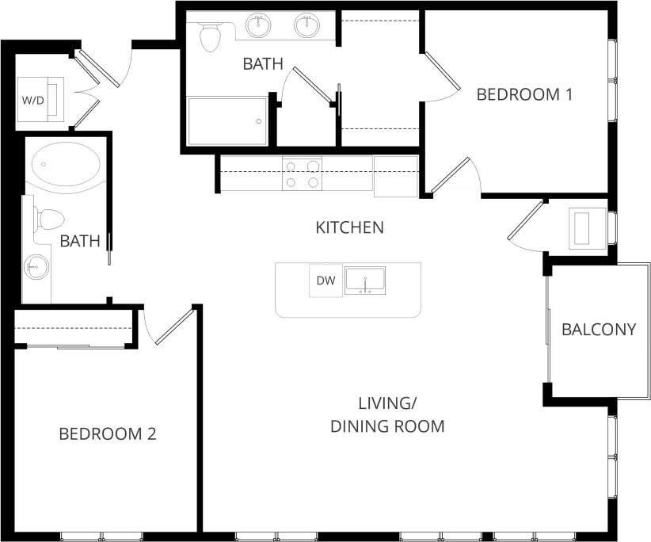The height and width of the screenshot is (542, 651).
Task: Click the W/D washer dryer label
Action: coord(32,101)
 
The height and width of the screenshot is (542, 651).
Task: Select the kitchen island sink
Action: coord(365,281)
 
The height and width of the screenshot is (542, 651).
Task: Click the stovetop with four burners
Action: coord(303,174)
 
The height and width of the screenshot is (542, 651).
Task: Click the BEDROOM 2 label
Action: coord(108,433)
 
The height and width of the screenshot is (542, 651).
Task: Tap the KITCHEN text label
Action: coord(349,227)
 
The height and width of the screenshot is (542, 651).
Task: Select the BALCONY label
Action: coord(599,329)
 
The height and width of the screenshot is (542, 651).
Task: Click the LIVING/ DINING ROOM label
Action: coord(387,414)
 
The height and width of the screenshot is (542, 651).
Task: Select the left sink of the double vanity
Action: coord(258,25)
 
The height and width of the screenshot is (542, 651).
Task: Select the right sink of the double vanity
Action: coord(306,25)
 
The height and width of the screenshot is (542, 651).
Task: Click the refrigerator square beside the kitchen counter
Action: coord(395,175)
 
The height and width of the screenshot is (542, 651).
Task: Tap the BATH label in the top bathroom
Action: coord(263,64)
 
